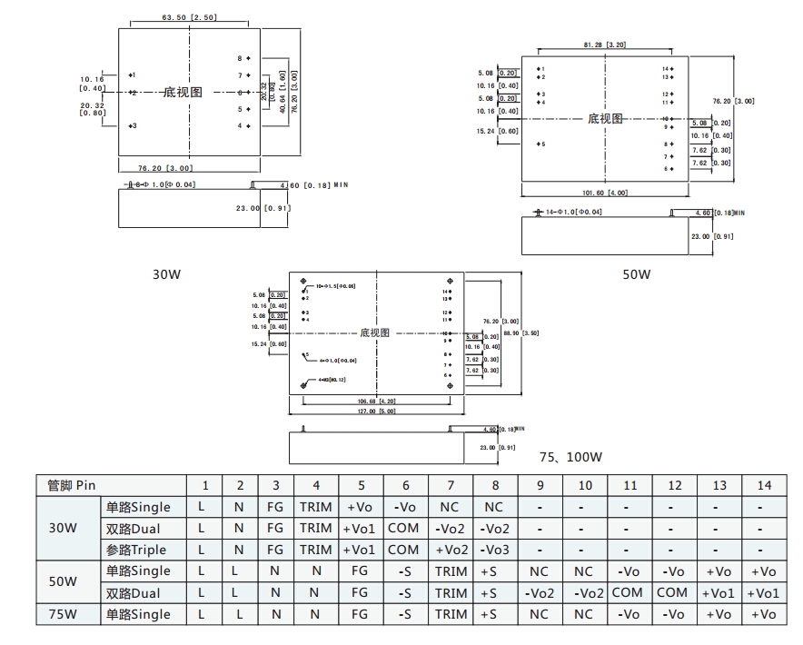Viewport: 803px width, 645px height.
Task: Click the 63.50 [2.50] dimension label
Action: click(189, 17)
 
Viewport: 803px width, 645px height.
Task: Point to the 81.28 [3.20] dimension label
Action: click(604, 45)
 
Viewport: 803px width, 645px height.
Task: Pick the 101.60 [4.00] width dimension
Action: click(604, 192)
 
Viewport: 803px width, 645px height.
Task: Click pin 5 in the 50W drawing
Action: click(541, 144)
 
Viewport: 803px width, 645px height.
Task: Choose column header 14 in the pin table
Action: click(764, 485)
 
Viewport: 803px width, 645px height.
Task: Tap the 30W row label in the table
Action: click(63, 528)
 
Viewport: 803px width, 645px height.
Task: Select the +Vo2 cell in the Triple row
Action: click(451, 550)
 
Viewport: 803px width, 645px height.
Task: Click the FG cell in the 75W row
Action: click(360, 614)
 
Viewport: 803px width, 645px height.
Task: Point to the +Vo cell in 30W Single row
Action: click(360, 507)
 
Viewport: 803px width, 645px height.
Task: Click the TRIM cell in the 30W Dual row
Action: click(315, 528)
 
